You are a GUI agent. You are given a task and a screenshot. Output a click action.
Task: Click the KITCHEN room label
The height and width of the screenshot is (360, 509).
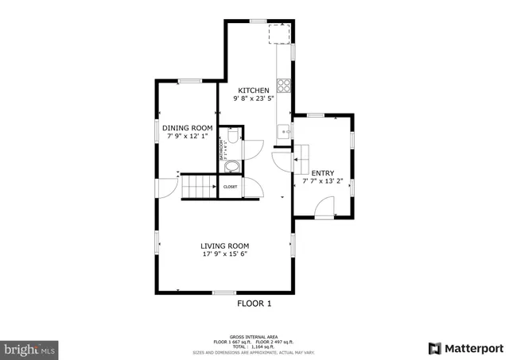(254, 91)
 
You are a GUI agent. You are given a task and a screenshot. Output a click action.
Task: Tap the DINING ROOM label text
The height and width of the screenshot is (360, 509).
(188, 129)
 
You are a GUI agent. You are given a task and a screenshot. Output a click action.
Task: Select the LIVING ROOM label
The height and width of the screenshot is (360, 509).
(225, 246)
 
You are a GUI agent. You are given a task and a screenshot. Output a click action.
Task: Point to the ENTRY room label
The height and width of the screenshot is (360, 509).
(322, 173)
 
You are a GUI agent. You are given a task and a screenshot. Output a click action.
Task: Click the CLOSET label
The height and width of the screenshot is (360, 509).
(230, 187)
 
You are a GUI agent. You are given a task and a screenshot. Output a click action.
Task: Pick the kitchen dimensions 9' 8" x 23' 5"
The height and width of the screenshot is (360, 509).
(254, 100)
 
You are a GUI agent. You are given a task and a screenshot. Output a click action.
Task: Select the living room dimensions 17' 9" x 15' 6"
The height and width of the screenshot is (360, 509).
(225, 255)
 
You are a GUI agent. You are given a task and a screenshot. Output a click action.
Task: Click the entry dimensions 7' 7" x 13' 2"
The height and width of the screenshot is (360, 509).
(322, 182)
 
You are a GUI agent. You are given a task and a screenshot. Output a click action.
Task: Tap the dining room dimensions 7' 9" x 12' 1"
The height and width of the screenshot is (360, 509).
(188, 137)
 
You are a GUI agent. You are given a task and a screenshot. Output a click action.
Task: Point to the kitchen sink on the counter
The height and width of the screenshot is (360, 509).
(282, 131)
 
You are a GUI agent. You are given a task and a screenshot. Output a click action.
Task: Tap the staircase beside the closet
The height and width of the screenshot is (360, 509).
(200, 188)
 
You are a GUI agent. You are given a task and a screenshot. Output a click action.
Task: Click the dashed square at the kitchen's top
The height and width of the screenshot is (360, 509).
(279, 36)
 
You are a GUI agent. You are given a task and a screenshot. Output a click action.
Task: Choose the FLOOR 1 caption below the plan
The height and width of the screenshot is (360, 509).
(254, 303)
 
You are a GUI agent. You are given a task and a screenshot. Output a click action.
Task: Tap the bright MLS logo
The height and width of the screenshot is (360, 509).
(29, 348)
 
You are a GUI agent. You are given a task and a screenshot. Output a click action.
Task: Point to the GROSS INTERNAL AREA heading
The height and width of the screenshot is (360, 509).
(254, 338)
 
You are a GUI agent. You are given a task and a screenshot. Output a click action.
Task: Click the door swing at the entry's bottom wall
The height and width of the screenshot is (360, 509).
(324, 210)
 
